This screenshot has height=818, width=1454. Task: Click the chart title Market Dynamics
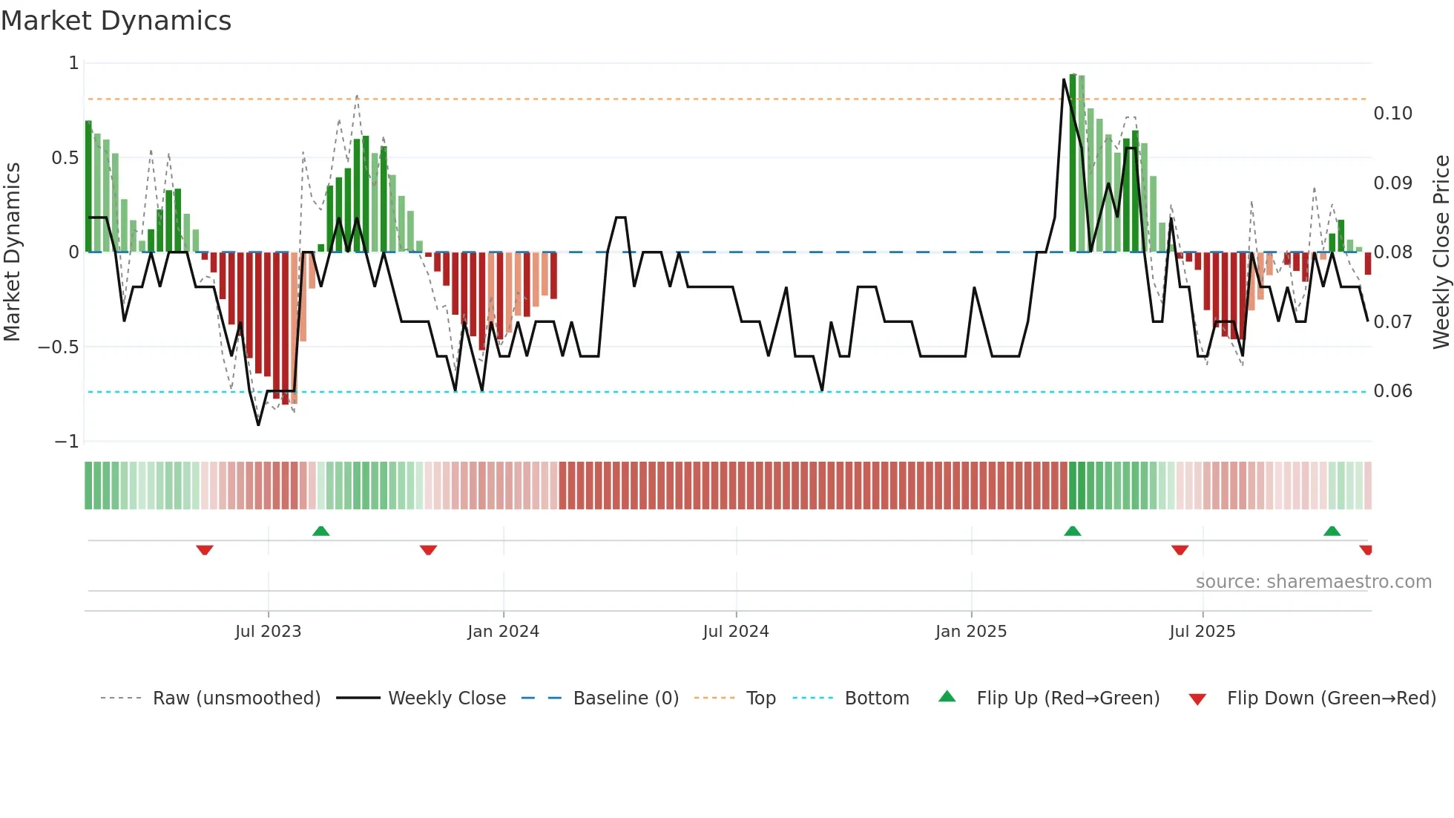coord(116,21)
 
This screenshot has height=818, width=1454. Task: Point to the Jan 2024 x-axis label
coord(503,632)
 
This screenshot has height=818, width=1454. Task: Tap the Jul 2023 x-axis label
coord(268,632)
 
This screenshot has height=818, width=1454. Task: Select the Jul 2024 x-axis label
coord(735,632)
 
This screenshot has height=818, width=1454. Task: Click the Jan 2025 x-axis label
coord(970,632)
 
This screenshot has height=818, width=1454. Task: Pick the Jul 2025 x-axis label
coord(1202,632)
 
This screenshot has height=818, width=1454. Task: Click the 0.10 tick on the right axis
coord(1392,114)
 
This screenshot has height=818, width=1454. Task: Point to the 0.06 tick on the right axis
coord(1392,391)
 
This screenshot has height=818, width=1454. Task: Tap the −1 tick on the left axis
coord(67,442)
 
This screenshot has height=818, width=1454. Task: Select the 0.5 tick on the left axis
coord(65,158)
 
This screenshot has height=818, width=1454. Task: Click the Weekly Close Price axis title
coord(1441,252)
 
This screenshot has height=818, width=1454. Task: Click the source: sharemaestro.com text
coord(1313,582)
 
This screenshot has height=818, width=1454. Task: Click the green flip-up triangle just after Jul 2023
coord(320,531)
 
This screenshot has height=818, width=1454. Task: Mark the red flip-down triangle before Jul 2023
coord(205,550)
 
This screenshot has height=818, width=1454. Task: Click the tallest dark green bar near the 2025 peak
coord(1073,163)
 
